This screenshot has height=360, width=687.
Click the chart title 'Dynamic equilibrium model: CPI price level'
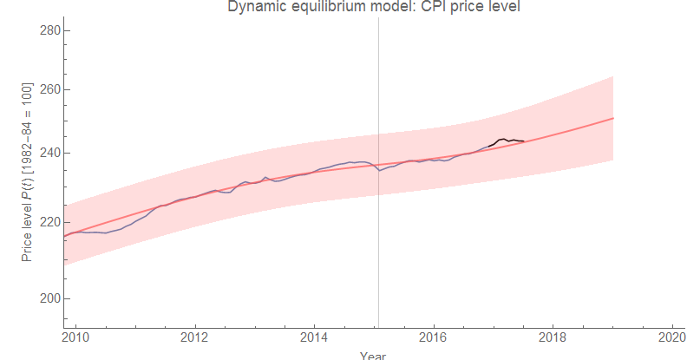378,7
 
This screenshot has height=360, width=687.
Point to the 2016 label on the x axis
433,337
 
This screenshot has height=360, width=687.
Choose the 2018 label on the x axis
553,337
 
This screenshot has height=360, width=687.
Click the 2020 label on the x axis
671,337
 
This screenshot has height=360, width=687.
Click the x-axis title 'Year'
373,355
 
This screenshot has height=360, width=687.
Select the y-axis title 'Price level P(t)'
27,173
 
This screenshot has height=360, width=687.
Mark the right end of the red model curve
613,118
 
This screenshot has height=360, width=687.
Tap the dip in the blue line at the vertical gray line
379,170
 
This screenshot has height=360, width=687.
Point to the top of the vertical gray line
379,18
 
